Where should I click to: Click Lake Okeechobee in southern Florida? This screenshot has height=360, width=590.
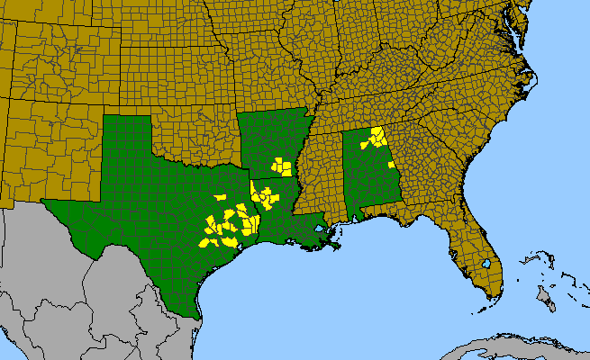tap(486, 265)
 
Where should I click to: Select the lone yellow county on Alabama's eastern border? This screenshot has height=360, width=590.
tap(390, 166)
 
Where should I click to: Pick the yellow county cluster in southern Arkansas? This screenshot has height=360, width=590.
tap(283, 166)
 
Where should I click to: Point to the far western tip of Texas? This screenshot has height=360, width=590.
tap(45, 202)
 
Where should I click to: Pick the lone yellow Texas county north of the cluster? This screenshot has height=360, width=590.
tap(220, 197)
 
